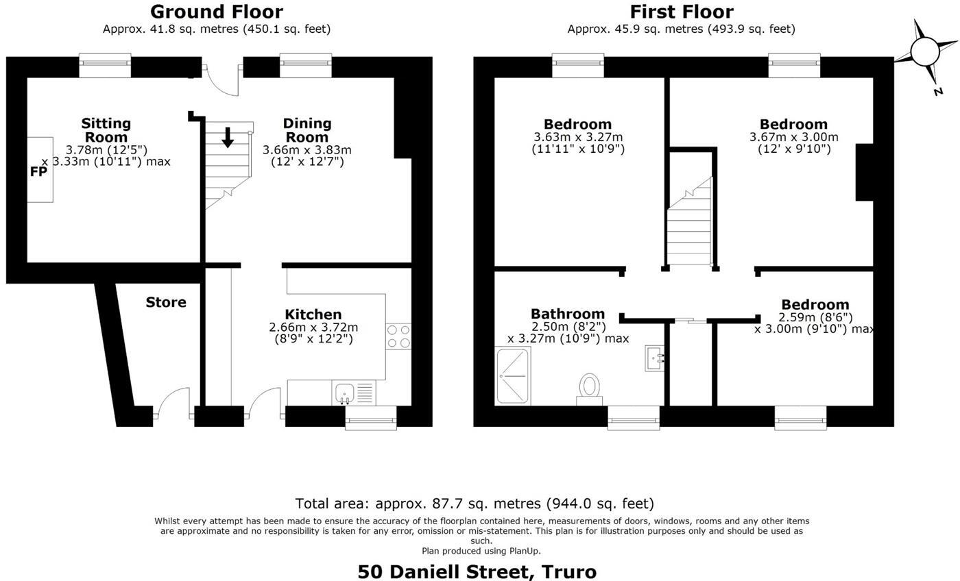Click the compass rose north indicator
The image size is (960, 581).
pyautogui.click(x=925, y=52)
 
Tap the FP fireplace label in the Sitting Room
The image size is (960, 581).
pyautogui.click(x=39, y=171)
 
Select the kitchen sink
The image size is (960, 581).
pyautogui.click(x=344, y=393)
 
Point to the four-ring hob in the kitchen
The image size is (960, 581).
pyautogui.click(x=398, y=336)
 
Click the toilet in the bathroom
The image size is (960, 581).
pyautogui.click(x=589, y=388)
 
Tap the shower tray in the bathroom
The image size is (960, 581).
pyautogui.click(x=512, y=375)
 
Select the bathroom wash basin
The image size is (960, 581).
pyautogui.click(x=654, y=358)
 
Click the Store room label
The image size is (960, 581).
pyautogui.click(x=166, y=302)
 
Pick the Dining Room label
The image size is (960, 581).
pyautogui.click(x=307, y=129)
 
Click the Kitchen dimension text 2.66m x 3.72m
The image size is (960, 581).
pyautogui.click(x=313, y=327)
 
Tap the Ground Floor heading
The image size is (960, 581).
pyautogui.click(x=216, y=12)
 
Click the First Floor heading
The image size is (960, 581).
pyautogui.click(x=681, y=12)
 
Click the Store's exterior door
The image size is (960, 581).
pyautogui.click(x=173, y=403)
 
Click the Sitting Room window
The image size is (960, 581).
pyautogui.click(x=105, y=66)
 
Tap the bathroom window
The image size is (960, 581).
pyautogui.click(x=634, y=417)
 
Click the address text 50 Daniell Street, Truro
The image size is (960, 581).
pyautogui.click(x=477, y=571)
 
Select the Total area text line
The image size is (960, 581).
pyautogui.click(x=475, y=504)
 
